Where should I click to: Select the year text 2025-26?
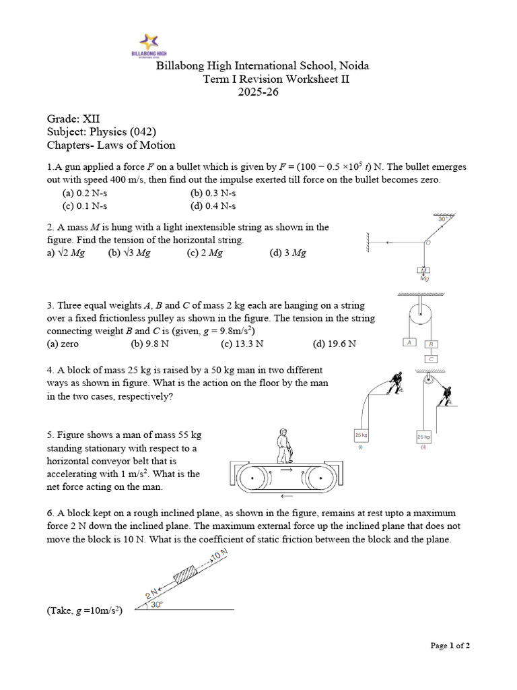[x=258, y=92]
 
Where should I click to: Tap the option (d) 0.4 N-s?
[x=213, y=206]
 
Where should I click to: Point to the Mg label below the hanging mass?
[x=424, y=278]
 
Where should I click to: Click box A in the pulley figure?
[x=409, y=342]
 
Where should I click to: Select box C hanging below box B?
[x=432, y=358]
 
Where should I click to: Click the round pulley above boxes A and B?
[x=420, y=314]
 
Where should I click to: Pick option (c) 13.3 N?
[x=242, y=344]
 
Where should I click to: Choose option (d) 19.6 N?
[x=335, y=344]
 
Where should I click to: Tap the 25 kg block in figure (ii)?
[x=424, y=436]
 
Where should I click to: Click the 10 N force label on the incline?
[x=219, y=556]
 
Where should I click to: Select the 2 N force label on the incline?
[x=151, y=594]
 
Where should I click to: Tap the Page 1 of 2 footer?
[x=450, y=646]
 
